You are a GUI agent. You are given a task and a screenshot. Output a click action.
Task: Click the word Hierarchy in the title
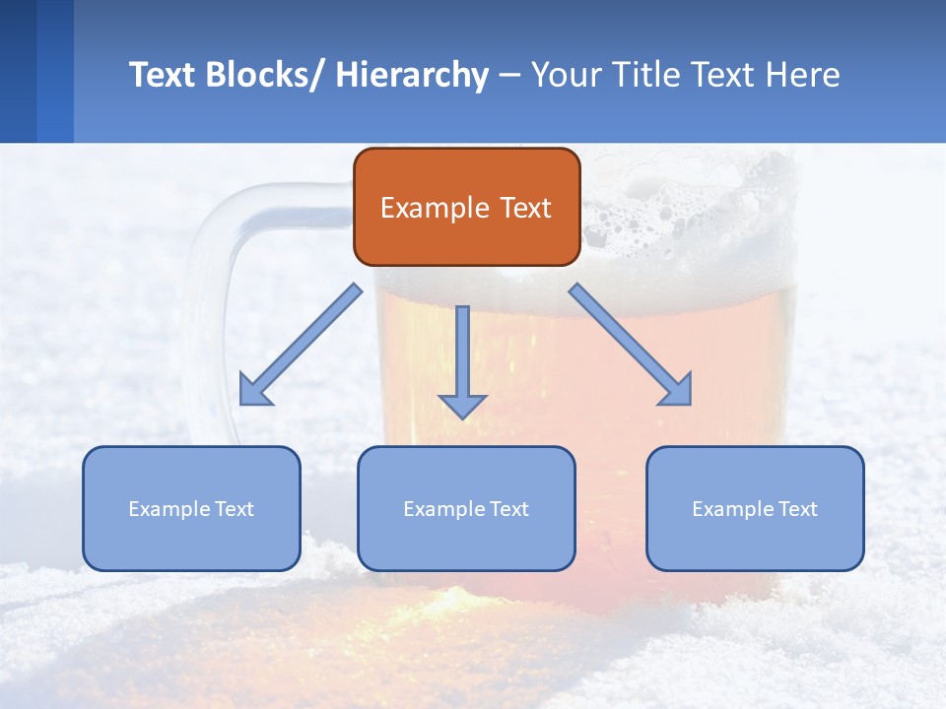click(412, 75)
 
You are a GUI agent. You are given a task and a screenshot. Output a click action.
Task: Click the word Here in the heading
click(804, 75)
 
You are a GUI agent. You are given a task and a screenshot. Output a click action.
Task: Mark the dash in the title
click(508, 76)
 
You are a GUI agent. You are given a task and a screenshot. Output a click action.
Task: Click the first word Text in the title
click(164, 75)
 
